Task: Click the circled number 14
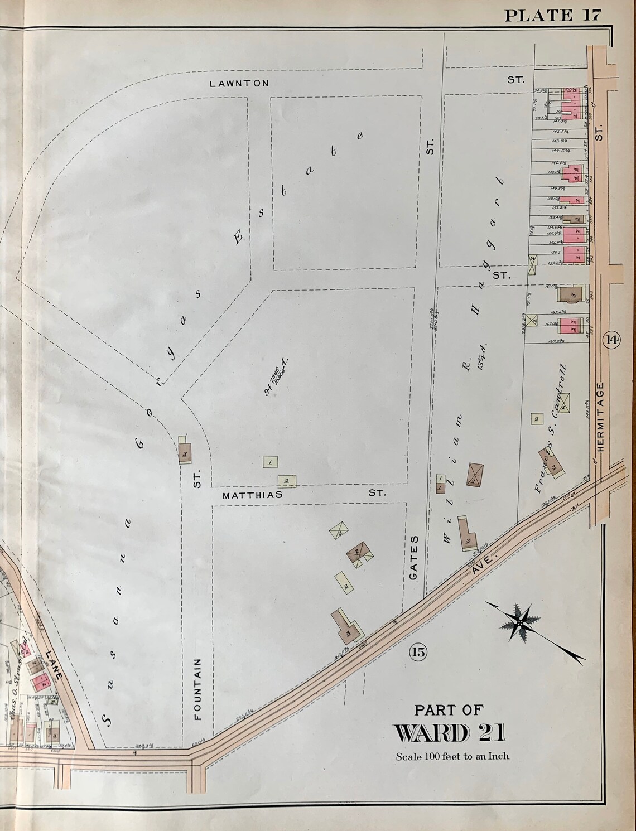[x=611, y=339]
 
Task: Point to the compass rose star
[x=519, y=621]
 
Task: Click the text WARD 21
[x=450, y=733]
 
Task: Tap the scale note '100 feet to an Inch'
[x=452, y=757]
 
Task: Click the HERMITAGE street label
[x=600, y=417]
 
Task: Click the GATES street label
[x=414, y=559]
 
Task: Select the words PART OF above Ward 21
[x=449, y=709]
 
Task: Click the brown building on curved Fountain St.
[x=184, y=450]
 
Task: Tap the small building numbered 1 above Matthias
[x=270, y=462]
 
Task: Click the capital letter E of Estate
[x=240, y=238]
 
